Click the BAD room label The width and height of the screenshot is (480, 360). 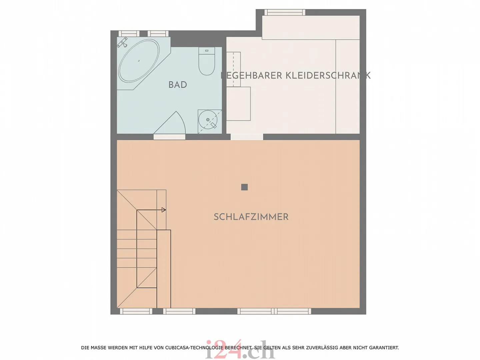(177, 85)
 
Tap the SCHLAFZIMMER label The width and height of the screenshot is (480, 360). (251, 217)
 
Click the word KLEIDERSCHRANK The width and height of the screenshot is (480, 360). (328, 76)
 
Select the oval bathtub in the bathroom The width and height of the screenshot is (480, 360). (139, 61)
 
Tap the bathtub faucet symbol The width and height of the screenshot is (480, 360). (123, 42)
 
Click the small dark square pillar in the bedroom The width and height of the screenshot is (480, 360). (244, 187)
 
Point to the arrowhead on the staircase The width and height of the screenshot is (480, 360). (163, 210)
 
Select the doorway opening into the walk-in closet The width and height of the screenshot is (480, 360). (247, 137)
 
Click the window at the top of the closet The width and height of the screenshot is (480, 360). (285, 12)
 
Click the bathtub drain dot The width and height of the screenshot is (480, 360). (139, 61)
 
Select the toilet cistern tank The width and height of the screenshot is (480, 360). (207, 51)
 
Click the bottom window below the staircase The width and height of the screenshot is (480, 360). (136, 311)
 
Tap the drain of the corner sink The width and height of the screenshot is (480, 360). (208, 120)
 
